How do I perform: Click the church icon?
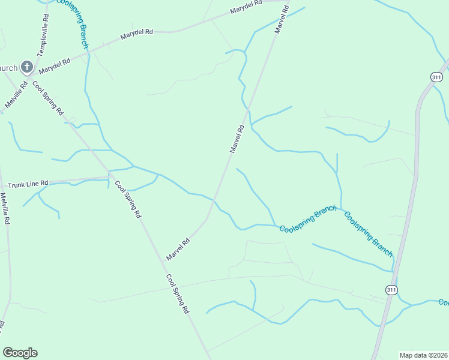tap(26, 67)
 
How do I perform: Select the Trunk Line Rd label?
tap(25, 182)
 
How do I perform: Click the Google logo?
tap(20, 353)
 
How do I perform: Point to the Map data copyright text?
tap(423, 355)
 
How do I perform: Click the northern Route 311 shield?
tap(436, 76)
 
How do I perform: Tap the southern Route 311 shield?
tap(391, 290)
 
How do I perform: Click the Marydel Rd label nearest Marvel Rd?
tap(247, 7)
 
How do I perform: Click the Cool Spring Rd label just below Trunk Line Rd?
tap(127, 199)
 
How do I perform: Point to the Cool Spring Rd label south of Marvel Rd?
tap(178, 295)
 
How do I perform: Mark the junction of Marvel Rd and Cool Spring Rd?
tap(164, 262)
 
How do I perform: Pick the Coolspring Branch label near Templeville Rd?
tap(73, 23)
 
